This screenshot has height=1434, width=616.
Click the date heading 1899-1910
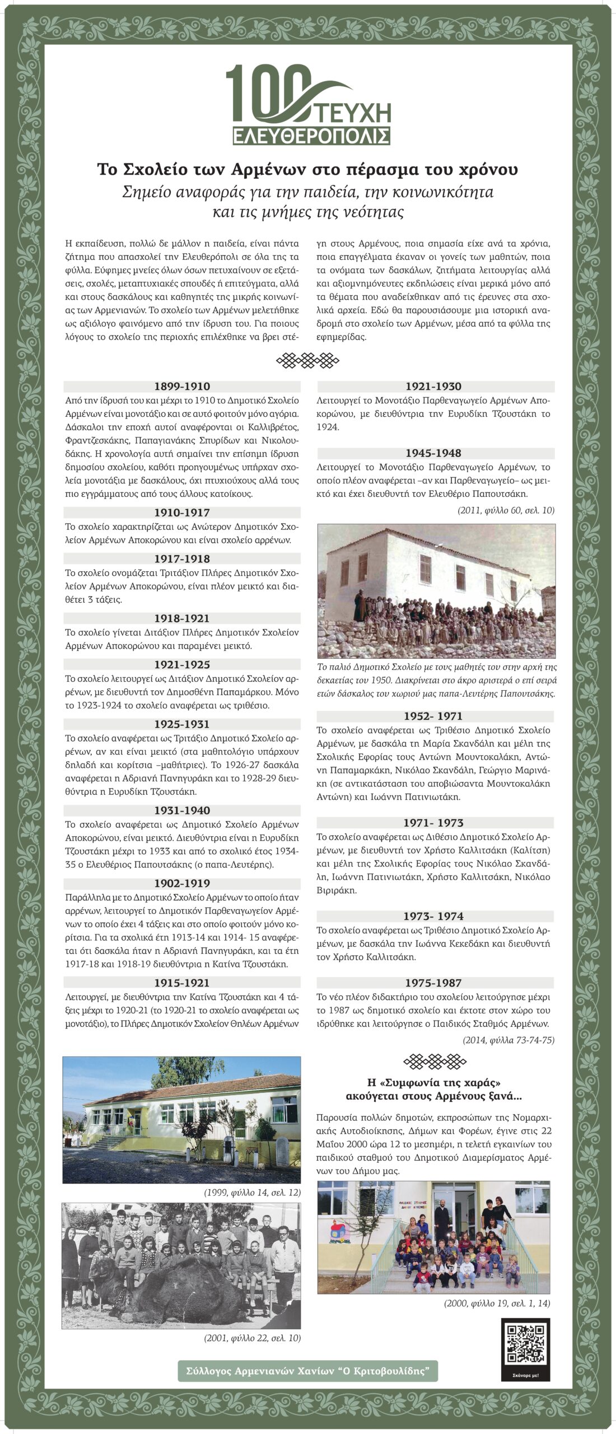(x=182, y=387)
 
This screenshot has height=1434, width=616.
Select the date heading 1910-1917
(x=182, y=513)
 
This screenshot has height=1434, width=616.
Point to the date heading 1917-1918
(x=182, y=558)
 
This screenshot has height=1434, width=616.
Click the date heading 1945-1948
(x=434, y=453)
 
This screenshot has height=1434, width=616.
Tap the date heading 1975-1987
(x=434, y=983)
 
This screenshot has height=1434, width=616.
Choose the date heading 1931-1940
(x=182, y=811)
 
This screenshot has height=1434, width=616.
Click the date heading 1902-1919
(x=182, y=883)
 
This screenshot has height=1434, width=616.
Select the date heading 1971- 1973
(x=434, y=823)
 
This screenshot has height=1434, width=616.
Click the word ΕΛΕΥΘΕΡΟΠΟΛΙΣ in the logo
(x=311, y=136)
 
